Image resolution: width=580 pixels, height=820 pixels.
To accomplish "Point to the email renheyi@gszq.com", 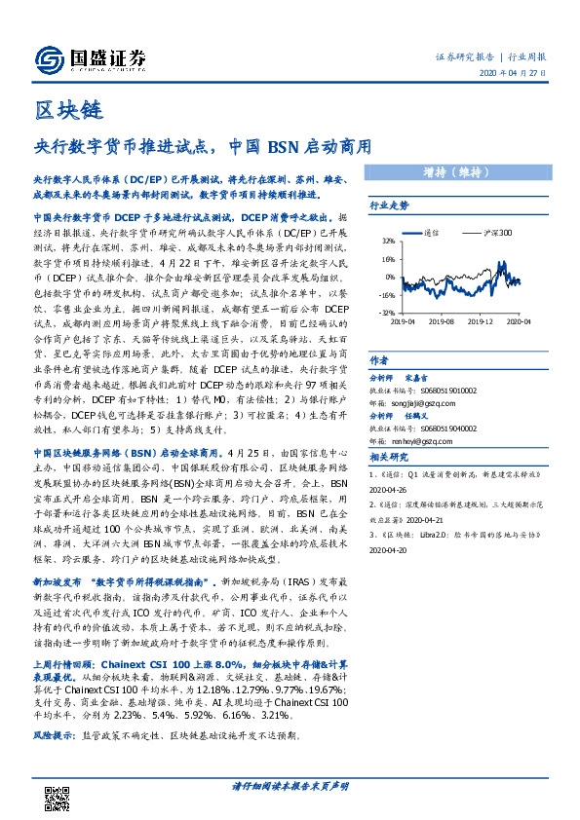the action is click(421, 438).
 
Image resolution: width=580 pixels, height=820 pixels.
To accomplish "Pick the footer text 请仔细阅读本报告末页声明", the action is click(290, 785).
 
